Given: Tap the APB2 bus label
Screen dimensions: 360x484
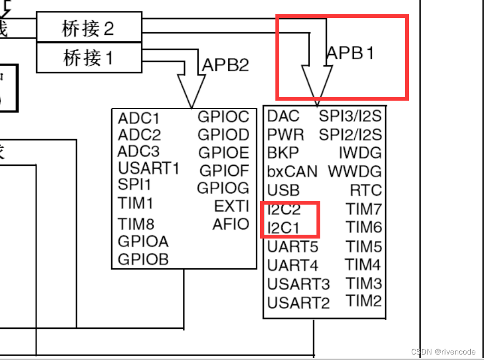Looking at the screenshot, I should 226,65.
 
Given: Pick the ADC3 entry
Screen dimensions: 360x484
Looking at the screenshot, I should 139,152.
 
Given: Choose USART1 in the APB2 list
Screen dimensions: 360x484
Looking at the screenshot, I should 148,169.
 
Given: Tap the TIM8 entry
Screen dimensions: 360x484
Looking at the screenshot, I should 136,224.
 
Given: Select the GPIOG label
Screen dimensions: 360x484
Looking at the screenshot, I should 223,188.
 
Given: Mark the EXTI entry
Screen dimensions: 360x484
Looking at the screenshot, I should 232,206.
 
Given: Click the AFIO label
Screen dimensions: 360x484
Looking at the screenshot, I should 231,224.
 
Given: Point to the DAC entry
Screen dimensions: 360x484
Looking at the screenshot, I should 283,116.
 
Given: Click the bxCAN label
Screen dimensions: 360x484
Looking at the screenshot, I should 292,172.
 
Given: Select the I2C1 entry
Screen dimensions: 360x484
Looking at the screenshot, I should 284,227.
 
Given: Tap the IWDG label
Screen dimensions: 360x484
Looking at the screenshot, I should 360,153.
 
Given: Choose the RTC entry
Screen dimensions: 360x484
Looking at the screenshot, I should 365,190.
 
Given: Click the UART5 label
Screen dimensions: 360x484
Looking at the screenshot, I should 292,247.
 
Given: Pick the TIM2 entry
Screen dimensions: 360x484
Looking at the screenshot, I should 364,300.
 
